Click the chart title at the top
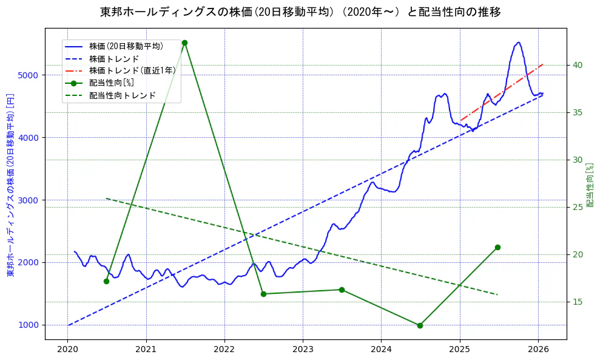click(x=300, y=12)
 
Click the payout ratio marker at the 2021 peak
click(x=184, y=42)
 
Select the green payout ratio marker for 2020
click(x=106, y=281)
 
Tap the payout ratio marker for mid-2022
click(x=263, y=294)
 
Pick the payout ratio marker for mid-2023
click(x=342, y=290)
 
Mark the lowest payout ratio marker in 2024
click(x=420, y=325)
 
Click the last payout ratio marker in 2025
click(x=497, y=247)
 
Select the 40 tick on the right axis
click(x=577, y=66)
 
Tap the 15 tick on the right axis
click(x=577, y=302)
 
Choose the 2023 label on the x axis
click(x=303, y=349)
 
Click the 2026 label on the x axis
click(x=538, y=349)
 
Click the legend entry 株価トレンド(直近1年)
click(x=132, y=70)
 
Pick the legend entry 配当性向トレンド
click(x=122, y=95)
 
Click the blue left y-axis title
click(x=10, y=185)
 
